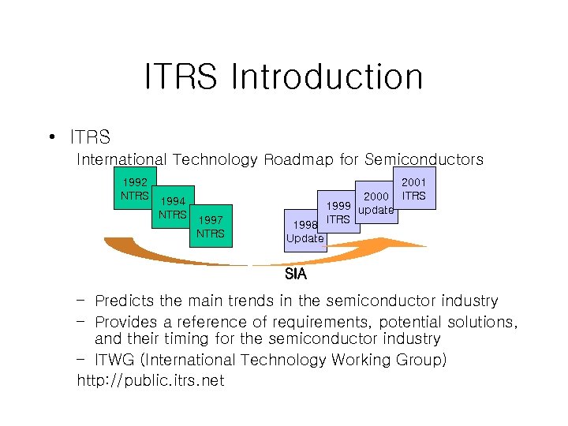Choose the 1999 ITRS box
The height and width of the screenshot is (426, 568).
[x=338, y=212]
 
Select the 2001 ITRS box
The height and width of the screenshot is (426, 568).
[x=414, y=189]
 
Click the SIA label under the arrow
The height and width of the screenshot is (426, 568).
[x=296, y=275]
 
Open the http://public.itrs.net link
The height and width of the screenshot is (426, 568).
[x=150, y=381]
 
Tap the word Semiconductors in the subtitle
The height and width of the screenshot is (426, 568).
[x=424, y=160]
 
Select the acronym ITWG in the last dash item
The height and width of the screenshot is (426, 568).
[x=114, y=360]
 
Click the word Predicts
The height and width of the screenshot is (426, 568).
[x=122, y=301]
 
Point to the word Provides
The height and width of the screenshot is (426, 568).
[x=125, y=321]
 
